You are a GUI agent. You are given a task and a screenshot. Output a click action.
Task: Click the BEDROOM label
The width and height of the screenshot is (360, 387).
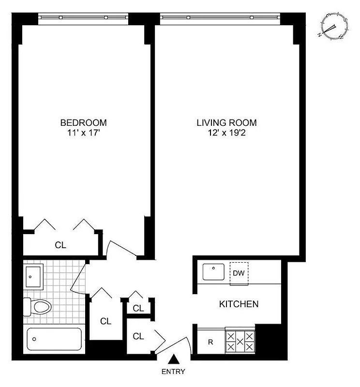click(x=83, y=122)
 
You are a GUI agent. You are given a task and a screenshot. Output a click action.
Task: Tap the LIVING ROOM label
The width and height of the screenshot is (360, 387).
click(x=226, y=122)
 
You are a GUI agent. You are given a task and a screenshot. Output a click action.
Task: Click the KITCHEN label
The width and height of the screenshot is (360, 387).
click(x=239, y=304)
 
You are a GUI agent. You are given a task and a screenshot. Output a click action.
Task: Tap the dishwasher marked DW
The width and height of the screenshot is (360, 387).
click(x=238, y=273)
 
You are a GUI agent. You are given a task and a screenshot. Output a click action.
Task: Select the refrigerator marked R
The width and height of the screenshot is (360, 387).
click(x=210, y=342)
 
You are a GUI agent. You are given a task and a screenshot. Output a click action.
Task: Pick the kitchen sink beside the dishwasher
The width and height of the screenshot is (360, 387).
click(x=213, y=272)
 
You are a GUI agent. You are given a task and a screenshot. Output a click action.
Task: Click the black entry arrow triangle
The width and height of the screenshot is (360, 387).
click(x=174, y=359)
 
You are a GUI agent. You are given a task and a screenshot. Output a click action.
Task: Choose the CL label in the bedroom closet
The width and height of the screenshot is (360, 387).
click(x=60, y=245)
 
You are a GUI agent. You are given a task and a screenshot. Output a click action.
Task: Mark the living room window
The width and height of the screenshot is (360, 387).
click(x=220, y=17)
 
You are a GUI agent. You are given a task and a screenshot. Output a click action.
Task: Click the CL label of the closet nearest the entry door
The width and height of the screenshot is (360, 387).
click(x=139, y=336)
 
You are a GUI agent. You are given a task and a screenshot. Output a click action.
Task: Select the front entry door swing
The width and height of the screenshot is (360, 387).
click(x=175, y=343)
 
